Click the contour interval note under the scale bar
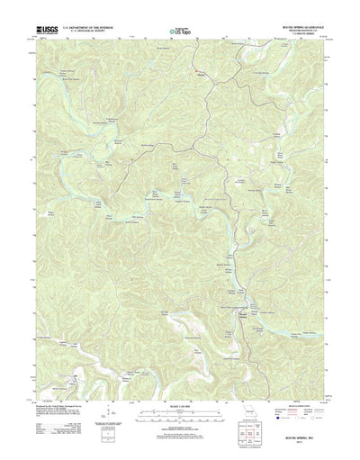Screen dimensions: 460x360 tap(179, 421)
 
